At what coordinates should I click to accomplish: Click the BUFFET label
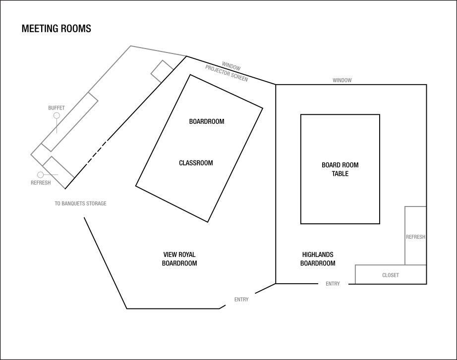coord(57,108)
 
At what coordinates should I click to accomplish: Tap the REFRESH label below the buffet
coord(41,183)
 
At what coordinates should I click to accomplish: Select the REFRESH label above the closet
coord(415,237)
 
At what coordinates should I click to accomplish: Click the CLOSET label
coord(390,275)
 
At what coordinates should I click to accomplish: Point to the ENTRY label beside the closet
coord(333,284)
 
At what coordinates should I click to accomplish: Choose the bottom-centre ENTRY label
coord(241,300)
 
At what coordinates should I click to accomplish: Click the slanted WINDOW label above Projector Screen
coord(231,65)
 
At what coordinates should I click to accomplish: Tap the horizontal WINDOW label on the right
coord(342,80)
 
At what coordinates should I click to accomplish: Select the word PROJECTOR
coord(217,71)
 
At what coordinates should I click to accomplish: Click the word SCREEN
coord(239,77)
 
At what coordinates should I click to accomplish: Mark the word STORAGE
coord(97,204)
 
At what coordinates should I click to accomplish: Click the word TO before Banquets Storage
coord(57,204)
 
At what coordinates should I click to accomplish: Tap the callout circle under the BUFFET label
coord(57,115)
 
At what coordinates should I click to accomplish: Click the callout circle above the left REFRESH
coord(40,175)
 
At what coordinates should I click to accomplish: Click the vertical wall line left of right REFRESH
coord(405,235)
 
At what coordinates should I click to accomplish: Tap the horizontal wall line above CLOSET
coord(390,265)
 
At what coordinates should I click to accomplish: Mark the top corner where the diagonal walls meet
coord(130,46)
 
